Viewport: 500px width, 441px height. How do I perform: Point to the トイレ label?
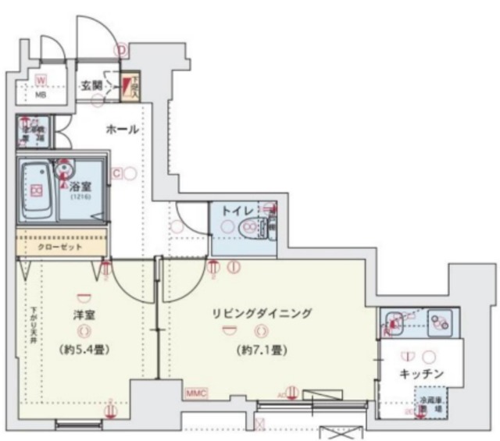coord(236,210)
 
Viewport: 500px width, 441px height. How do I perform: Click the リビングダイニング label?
coord(261,314)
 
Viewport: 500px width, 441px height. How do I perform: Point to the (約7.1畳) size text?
coord(261,350)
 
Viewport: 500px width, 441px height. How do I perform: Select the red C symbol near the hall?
coord(116,173)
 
